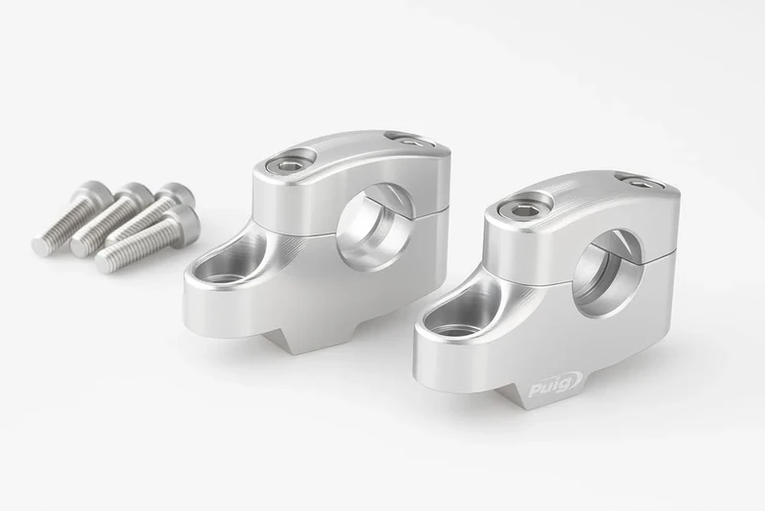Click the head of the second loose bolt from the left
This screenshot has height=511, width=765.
pyautogui.click(x=140, y=195)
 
